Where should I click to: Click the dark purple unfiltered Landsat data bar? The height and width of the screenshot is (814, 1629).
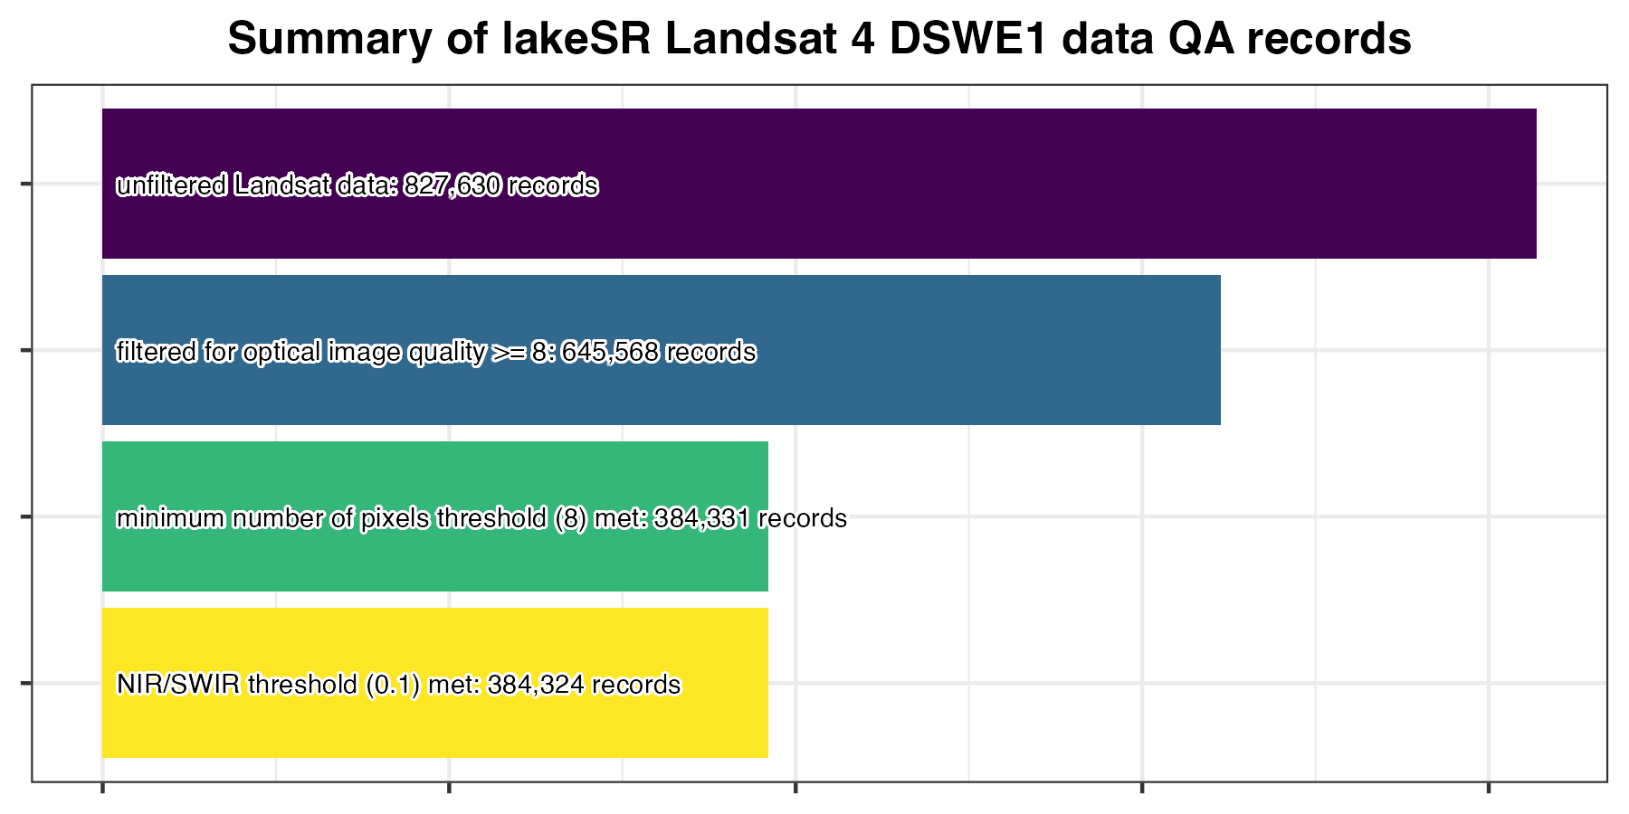[995, 184]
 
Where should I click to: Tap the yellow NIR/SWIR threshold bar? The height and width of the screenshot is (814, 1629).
[434, 724]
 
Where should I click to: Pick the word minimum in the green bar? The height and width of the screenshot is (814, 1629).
[170, 518]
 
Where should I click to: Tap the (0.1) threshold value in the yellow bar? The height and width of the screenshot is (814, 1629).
[393, 685]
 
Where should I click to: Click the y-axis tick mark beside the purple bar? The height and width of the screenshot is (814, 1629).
[25, 185]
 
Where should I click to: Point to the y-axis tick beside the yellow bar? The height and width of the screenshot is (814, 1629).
[25, 683]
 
